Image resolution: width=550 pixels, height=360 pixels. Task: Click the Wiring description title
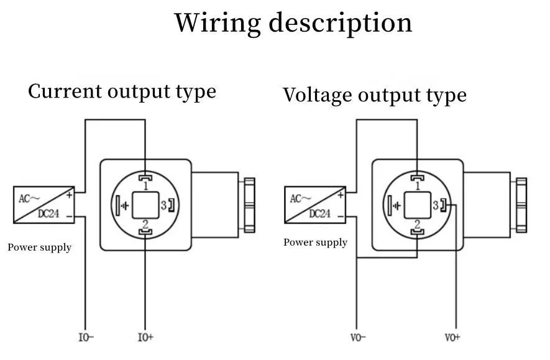[x=293, y=23]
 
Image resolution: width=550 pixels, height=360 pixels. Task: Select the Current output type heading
[x=122, y=91]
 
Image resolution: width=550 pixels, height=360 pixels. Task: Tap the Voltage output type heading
[x=374, y=95]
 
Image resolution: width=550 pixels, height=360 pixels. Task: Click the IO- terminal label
[x=86, y=338]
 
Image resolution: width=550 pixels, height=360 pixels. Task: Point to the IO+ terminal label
[x=145, y=338]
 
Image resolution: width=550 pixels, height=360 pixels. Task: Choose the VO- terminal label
[x=359, y=338]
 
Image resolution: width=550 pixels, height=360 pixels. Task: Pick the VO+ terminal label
[x=452, y=338]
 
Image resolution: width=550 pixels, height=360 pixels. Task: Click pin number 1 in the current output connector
[x=145, y=185]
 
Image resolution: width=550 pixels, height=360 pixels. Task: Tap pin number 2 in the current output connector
[x=145, y=224]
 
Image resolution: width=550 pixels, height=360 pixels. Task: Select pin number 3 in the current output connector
[x=164, y=205]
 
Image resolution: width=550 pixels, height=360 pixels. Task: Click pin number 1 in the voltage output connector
[x=417, y=185]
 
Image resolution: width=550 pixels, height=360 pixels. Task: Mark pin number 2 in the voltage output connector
[x=417, y=224]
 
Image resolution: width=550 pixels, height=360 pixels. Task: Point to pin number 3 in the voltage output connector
[x=436, y=205]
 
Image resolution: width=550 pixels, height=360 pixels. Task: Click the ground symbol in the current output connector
[x=124, y=205]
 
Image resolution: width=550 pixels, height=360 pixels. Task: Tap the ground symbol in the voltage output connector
[x=396, y=205]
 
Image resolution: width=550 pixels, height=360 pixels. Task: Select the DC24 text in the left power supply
[x=49, y=213]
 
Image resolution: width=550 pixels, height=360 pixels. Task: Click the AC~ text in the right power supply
[x=300, y=198]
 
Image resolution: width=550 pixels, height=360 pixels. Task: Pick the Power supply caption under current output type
[x=39, y=247]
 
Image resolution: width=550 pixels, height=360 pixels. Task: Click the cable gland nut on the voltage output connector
[x=521, y=205]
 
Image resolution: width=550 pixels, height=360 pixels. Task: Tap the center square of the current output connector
[x=145, y=205]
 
